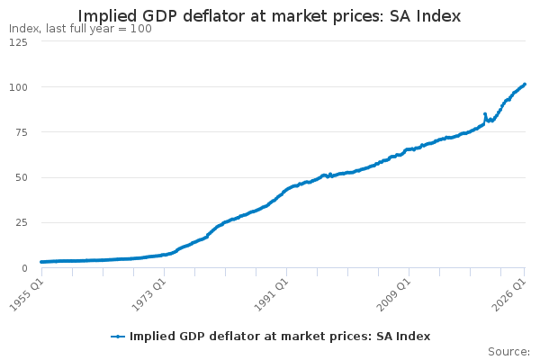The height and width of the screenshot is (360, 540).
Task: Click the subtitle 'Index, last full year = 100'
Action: pyautogui.click(x=80, y=29)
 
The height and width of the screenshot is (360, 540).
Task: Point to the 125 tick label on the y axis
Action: pyautogui.click(x=18, y=42)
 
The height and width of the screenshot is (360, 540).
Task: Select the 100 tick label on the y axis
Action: pyautogui.click(x=18, y=87)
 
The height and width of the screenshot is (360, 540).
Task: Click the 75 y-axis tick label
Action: pyautogui.click(x=22, y=132)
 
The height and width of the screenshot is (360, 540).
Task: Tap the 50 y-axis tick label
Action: pyautogui.click(x=22, y=178)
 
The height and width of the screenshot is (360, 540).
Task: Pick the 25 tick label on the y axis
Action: pyautogui.click(x=22, y=222)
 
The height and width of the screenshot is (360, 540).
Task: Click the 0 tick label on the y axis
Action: pyautogui.click(x=24, y=268)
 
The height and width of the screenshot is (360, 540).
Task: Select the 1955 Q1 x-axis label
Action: pyautogui.click(x=26, y=295)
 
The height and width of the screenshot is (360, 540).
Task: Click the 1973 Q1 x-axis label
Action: pyautogui.click(x=149, y=295)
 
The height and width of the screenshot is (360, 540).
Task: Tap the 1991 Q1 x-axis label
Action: pyautogui.click(x=272, y=295)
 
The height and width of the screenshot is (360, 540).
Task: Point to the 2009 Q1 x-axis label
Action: pyautogui.click(x=394, y=295)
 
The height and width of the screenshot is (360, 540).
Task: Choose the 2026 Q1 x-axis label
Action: pyautogui.click(x=509, y=295)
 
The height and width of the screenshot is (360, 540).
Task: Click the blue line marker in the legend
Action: pyautogui.click(x=118, y=337)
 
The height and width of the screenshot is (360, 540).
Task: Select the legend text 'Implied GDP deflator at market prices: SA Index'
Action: pyautogui.click(x=280, y=337)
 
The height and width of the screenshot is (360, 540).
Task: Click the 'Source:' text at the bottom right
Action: pyautogui.click(x=508, y=352)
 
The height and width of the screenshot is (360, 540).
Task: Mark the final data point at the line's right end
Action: pyautogui.click(x=525, y=84)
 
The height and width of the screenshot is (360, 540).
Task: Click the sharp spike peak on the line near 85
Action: pyautogui.click(x=485, y=114)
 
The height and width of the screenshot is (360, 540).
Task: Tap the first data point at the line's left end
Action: pyautogui.click(x=41, y=262)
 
